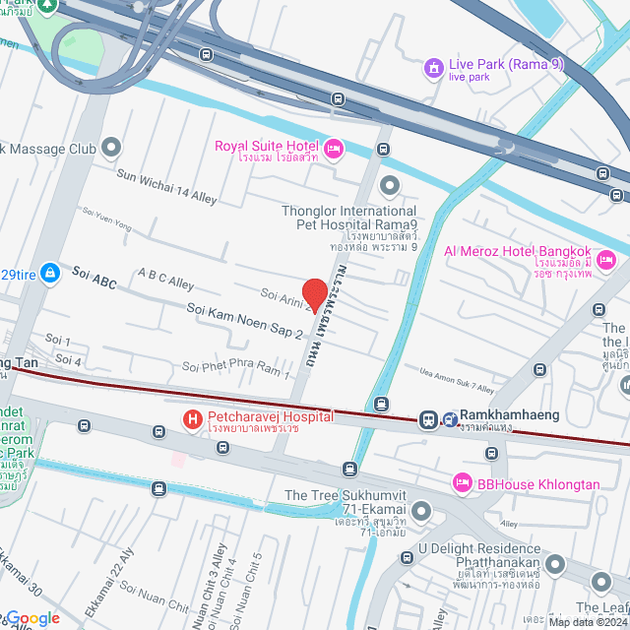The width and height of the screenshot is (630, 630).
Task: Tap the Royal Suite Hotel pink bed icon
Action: [x=333, y=149]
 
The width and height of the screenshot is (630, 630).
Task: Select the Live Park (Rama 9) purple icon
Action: [x=432, y=67]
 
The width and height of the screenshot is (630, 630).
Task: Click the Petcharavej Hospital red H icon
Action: [x=193, y=420]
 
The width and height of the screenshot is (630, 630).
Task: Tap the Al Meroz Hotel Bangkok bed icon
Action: [x=606, y=260]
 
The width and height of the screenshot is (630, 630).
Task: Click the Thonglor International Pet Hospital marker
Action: [x=391, y=185]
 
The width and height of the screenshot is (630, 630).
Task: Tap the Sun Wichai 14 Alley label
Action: [x=166, y=185]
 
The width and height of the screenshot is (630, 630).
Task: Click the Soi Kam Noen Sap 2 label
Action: [x=244, y=321]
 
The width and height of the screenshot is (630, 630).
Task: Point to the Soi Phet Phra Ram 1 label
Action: [x=236, y=370]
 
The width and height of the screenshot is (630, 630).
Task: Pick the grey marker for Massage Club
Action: [x=111, y=149]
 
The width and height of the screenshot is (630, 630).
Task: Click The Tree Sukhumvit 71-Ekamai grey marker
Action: [x=422, y=510]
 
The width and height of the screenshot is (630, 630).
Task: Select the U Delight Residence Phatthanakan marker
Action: [x=555, y=564]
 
